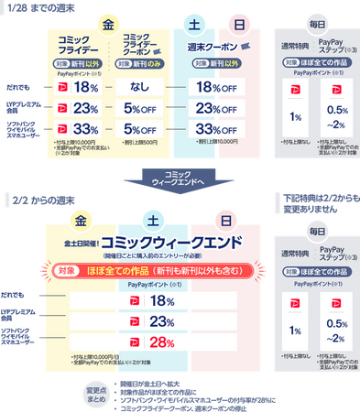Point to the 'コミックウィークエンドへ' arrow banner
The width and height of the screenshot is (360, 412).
180,177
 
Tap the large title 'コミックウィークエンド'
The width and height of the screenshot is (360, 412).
170,242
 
